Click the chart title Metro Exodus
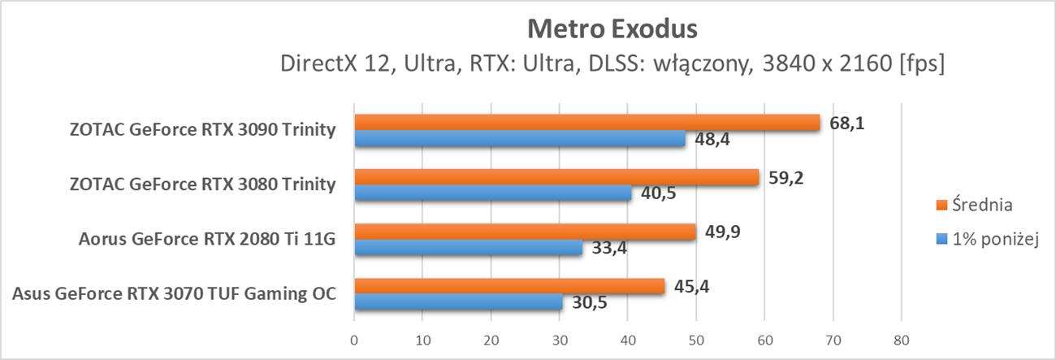(x=612, y=29)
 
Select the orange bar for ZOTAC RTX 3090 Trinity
(x=586, y=122)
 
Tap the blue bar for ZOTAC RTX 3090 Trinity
(x=519, y=139)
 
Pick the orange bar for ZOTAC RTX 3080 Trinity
(x=556, y=176)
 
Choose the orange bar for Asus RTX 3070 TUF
(x=509, y=286)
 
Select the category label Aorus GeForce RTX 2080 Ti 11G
(x=207, y=240)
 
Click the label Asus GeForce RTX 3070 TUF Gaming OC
(x=175, y=294)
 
